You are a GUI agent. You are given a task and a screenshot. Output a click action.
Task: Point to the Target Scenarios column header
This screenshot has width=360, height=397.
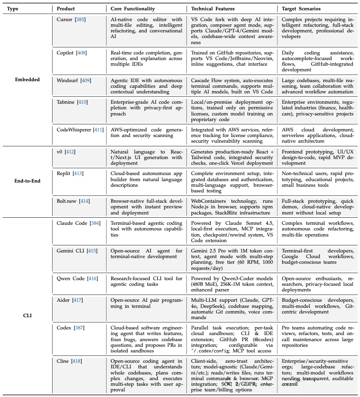[x=301, y=9]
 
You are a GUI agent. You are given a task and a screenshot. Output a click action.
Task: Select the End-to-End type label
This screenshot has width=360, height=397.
[x=27, y=179]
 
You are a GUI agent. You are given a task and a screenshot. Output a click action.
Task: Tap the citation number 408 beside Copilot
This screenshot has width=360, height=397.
[x=82, y=52]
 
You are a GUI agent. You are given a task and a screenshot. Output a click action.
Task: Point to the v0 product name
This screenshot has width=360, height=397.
[x=60, y=152]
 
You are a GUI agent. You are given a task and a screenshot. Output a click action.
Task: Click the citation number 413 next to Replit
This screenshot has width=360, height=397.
[x=79, y=173]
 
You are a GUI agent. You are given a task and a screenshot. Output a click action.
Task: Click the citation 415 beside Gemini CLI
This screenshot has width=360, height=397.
[x=92, y=251]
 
